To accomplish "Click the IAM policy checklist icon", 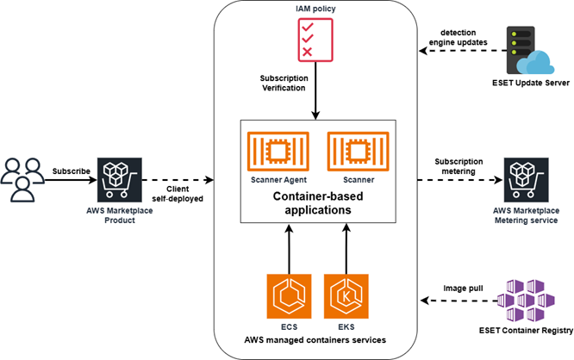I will coord(315,40).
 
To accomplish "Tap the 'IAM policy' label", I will coord(315,9).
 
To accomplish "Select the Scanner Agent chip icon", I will coord(271,151).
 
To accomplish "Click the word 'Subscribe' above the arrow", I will coord(72,171).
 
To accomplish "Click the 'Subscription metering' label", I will coord(458,165).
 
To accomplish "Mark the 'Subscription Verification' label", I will coord(284,83).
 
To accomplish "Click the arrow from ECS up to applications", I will coord(289,251).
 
